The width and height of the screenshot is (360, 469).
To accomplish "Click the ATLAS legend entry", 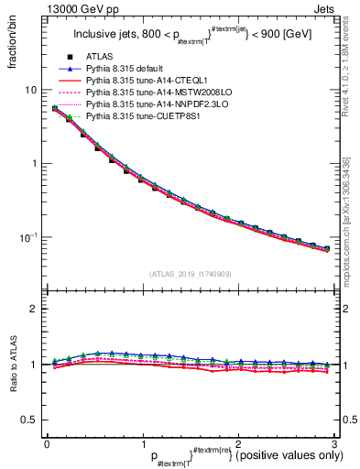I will (x=104, y=57).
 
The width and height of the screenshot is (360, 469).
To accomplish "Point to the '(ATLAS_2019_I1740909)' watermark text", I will (x=189, y=273).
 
